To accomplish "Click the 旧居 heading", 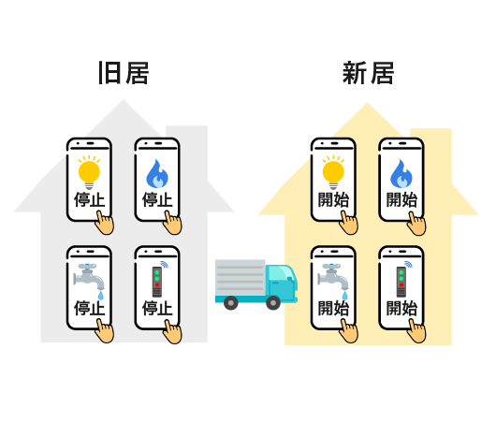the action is tap(124, 73).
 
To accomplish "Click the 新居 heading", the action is tap(368, 73).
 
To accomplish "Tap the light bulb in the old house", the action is tap(89, 172).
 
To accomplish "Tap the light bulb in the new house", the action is tap(333, 172).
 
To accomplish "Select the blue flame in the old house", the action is tap(157, 174).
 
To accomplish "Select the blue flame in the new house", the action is tap(401, 174).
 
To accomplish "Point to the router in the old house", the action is tap(158, 280).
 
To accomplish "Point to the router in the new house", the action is tap(402, 280).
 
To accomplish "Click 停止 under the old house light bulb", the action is tap(89, 199).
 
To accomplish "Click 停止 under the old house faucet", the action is tap(89, 308).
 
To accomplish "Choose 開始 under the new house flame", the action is tap(401, 199).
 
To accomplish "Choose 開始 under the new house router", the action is tap(401, 308).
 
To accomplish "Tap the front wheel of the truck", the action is tap(273, 303).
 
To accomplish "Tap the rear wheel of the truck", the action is tap(231, 303).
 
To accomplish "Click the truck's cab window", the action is tap(279, 272).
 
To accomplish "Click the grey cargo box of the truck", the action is tap(241, 278).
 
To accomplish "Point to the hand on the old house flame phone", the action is tap(173, 223).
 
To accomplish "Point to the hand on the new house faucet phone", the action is tap(348, 331).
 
